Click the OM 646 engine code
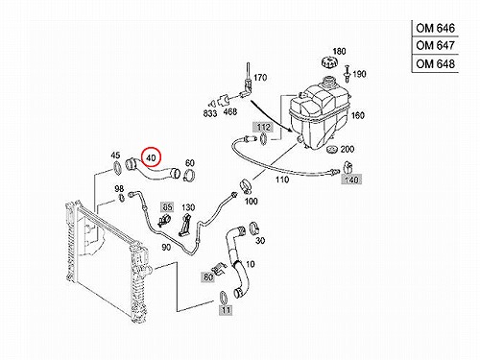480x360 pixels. coord(435,28)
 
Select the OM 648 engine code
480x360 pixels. coord(435,64)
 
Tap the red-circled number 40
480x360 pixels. coord(151,157)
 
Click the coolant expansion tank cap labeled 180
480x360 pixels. coord(328,61)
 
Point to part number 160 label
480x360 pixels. coord(358,115)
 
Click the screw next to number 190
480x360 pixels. coord(347,72)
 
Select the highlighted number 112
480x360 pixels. coord(263,127)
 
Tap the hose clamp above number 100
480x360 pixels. coord(246,186)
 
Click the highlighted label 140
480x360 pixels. coord(351,180)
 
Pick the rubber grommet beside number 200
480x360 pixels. coord(332,149)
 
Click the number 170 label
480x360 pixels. coord(260,78)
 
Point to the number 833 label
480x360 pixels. coord(210,113)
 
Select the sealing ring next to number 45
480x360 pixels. coord(117,169)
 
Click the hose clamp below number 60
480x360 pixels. coord(189,175)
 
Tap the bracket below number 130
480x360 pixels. coord(184,226)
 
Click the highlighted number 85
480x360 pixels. coord(167,207)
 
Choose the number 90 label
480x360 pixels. coord(166,247)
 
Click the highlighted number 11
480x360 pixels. coord(226,310)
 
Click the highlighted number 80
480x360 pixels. coord(208,276)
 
